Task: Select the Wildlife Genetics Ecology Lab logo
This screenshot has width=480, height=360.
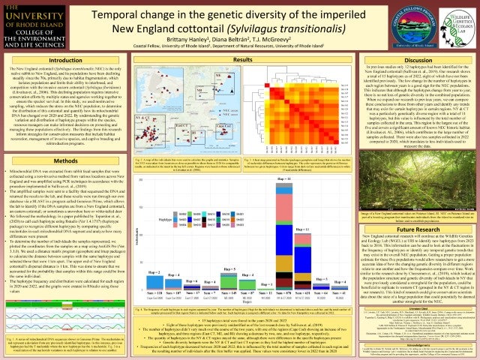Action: click(x=446, y=23)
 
